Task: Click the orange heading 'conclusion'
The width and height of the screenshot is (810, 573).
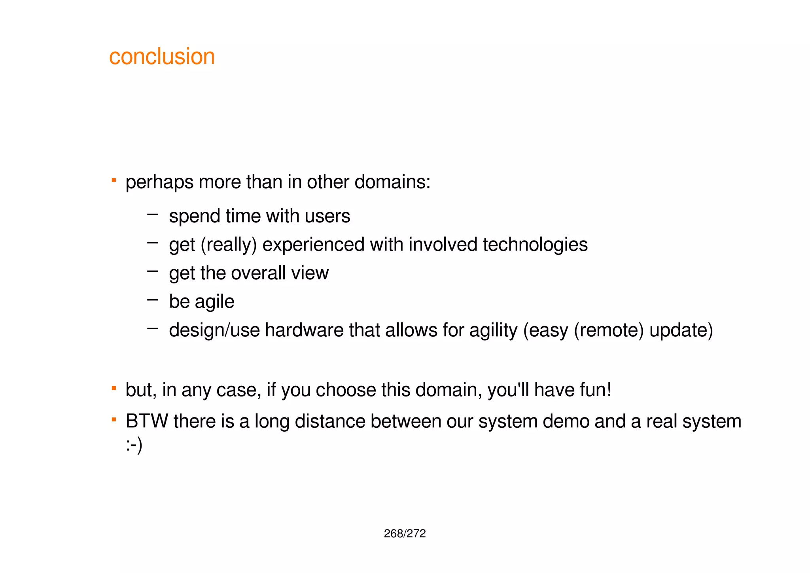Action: [x=162, y=57]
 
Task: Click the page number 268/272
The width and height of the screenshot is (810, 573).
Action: [x=405, y=533]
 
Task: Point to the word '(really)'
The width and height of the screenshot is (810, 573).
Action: [x=229, y=245]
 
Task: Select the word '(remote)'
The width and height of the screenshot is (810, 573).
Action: [x=609, y=330]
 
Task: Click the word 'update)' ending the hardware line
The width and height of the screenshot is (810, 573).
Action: [x=681, y=330]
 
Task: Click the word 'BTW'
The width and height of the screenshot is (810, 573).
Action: [x=147, y=421]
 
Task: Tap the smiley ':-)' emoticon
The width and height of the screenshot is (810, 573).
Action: [x=134, y=446]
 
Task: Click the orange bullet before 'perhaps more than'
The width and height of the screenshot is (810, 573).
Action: [x=114, y=180]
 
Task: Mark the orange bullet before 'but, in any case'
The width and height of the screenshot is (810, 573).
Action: [x=114, y=388]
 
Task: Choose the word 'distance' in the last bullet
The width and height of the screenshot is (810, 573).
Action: [x=330, y=421]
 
